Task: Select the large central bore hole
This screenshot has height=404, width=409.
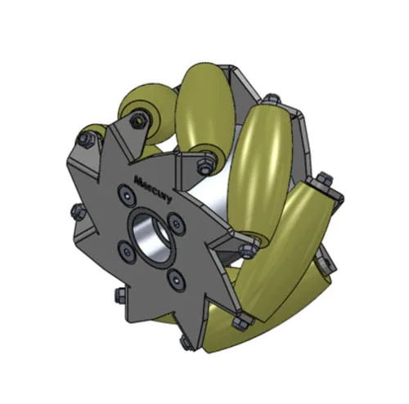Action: (152, 233)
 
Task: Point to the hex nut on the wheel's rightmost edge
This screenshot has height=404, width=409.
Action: (326, 178)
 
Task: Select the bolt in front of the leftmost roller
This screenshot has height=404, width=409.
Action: (84, 140)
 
